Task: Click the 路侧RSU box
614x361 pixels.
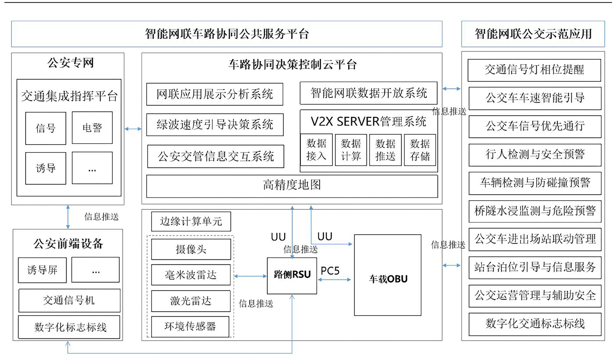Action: coord(292,276)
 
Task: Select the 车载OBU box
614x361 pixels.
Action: coord(388,275)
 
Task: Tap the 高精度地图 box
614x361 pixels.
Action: coord(292,186)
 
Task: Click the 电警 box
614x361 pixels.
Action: coord(92,128)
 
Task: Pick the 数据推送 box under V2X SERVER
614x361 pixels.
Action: coord(385,150)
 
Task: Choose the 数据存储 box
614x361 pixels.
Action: coord(420,150)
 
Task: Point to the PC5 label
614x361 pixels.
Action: coord(330,271)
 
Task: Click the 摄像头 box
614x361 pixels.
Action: coord(191,249)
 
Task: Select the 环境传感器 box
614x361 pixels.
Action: coord(190,327)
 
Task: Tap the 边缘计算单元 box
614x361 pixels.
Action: coord(191,221)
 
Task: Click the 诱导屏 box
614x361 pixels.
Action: coord(42,270)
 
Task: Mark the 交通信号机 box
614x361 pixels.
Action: coord(69,300)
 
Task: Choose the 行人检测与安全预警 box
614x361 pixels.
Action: coord(535,155)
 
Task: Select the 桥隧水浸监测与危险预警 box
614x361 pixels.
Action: coord(535,211)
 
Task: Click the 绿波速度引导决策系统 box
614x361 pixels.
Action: coord(215,125)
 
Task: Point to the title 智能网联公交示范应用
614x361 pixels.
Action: coord(533,34)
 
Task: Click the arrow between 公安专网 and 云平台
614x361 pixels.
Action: coord(133,129)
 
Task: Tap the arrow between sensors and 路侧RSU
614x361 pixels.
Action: coord(250,276)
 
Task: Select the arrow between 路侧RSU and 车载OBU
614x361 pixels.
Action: coord(335,280)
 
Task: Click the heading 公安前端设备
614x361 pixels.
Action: coord(68,244)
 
